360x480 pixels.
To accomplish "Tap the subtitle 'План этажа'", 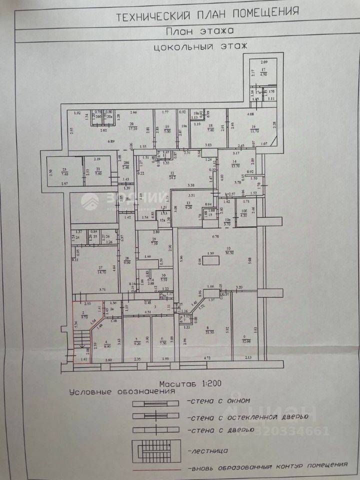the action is [x=199, y=31].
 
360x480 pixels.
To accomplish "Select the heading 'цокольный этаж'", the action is [x=200, y=47].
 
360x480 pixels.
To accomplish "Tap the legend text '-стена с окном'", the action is [x=218, y=400].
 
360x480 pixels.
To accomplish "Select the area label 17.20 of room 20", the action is [x=133, y=128].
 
